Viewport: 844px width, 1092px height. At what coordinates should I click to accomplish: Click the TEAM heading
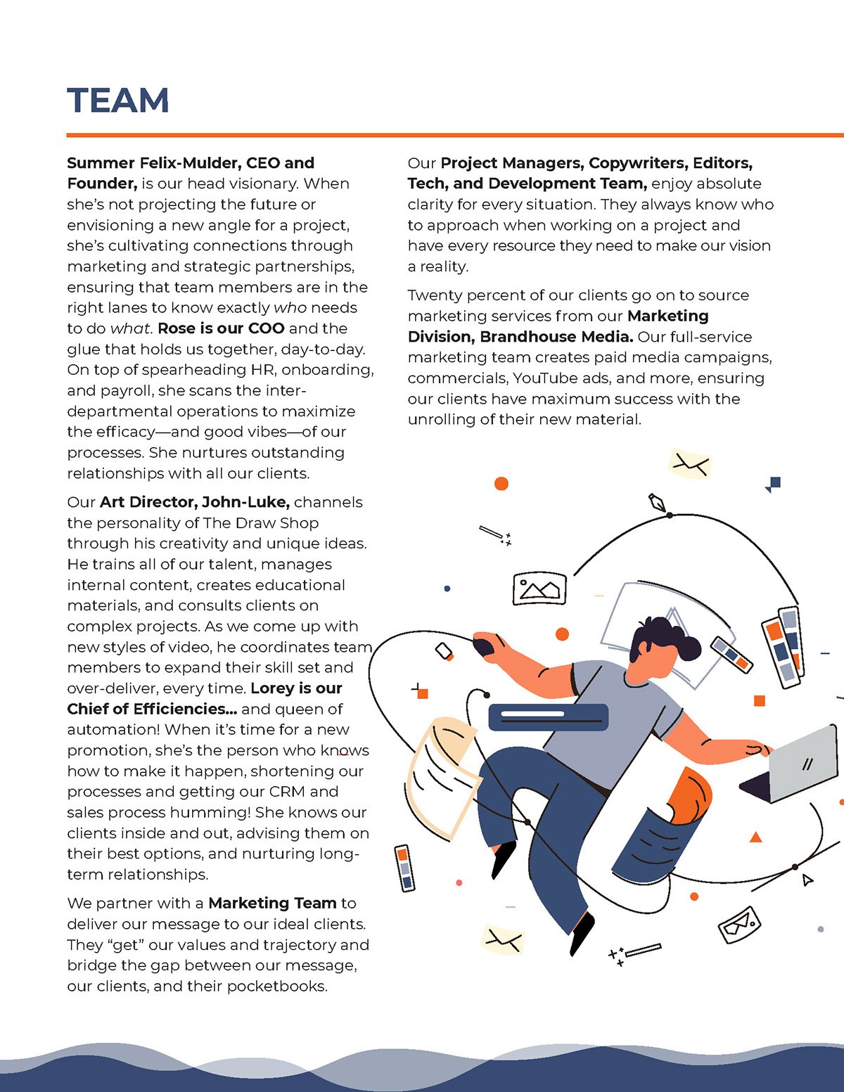(x=118, y=101)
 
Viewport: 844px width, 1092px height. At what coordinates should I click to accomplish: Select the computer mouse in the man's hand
(x=483, y=645)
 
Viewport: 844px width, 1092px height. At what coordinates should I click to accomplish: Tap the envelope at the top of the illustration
(x=690, y=464)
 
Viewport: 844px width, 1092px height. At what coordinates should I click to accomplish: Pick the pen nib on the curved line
(x=658, y=503)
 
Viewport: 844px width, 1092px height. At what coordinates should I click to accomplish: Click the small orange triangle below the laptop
(x=756, y=837)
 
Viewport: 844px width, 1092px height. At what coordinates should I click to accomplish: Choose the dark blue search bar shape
(x=548, y=717)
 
